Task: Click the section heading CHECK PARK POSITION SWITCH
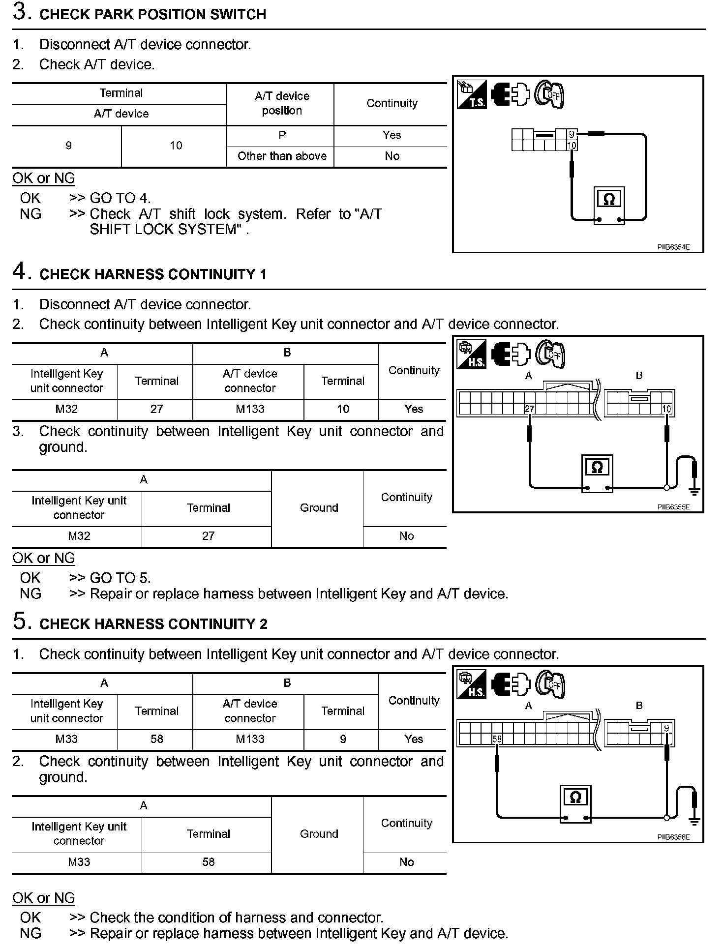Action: (152, 14)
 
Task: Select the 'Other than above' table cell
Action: (282, 156)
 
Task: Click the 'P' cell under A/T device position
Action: (282, 135)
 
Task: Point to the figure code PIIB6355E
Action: (673, 507)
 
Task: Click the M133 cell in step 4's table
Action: (250, 409)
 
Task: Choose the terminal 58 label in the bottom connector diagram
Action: (497, 739)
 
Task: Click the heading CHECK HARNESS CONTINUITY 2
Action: (153, 624)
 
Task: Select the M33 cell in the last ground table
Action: (79, 862)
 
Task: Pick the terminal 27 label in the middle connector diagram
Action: (529, 409)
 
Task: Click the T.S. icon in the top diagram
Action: (472, 94)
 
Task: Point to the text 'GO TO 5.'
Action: (120, 578)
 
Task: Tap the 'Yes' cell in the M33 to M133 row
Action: (414, 739)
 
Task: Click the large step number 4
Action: (20, 271)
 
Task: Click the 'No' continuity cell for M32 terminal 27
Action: (406, 536)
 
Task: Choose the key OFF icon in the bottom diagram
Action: (550, 684)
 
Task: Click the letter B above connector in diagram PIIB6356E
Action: (639, 706)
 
